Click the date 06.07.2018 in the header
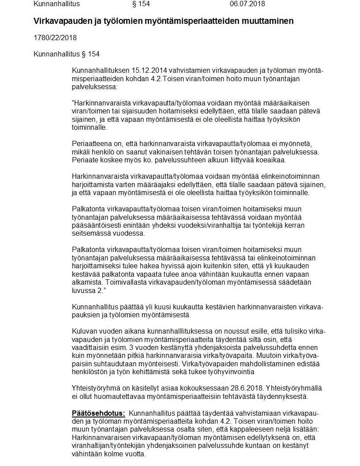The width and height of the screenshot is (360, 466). tap(247, 4)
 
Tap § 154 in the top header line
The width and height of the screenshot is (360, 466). tap(141, 4)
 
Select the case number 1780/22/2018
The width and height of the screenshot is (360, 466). tap(55, 38)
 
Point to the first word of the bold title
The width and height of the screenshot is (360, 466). tap(56, 21)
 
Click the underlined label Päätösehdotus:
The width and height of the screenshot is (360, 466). tap(98, 413)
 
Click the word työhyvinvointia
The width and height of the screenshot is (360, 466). tap(229, 372)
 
